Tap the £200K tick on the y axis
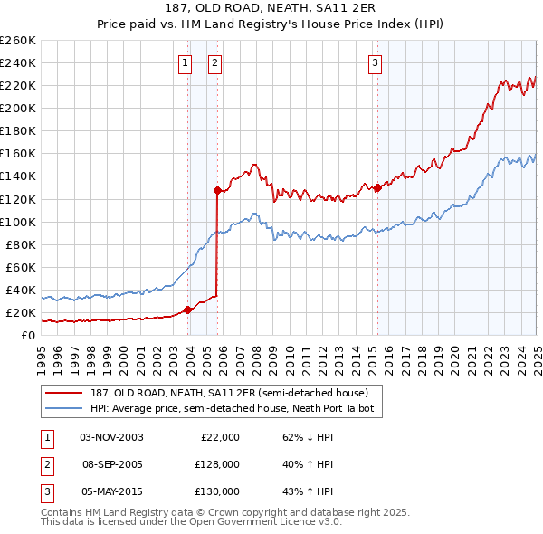pos(18,108)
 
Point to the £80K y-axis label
pos(21,244)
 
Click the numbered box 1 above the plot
pos(185,62)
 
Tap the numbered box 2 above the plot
pos(215,62)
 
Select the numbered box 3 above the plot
pos(375,62)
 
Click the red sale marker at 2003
pos(188,310)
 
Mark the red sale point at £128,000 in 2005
pos(217,190)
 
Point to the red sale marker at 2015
pos(377,187)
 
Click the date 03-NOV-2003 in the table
pos(111,437)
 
